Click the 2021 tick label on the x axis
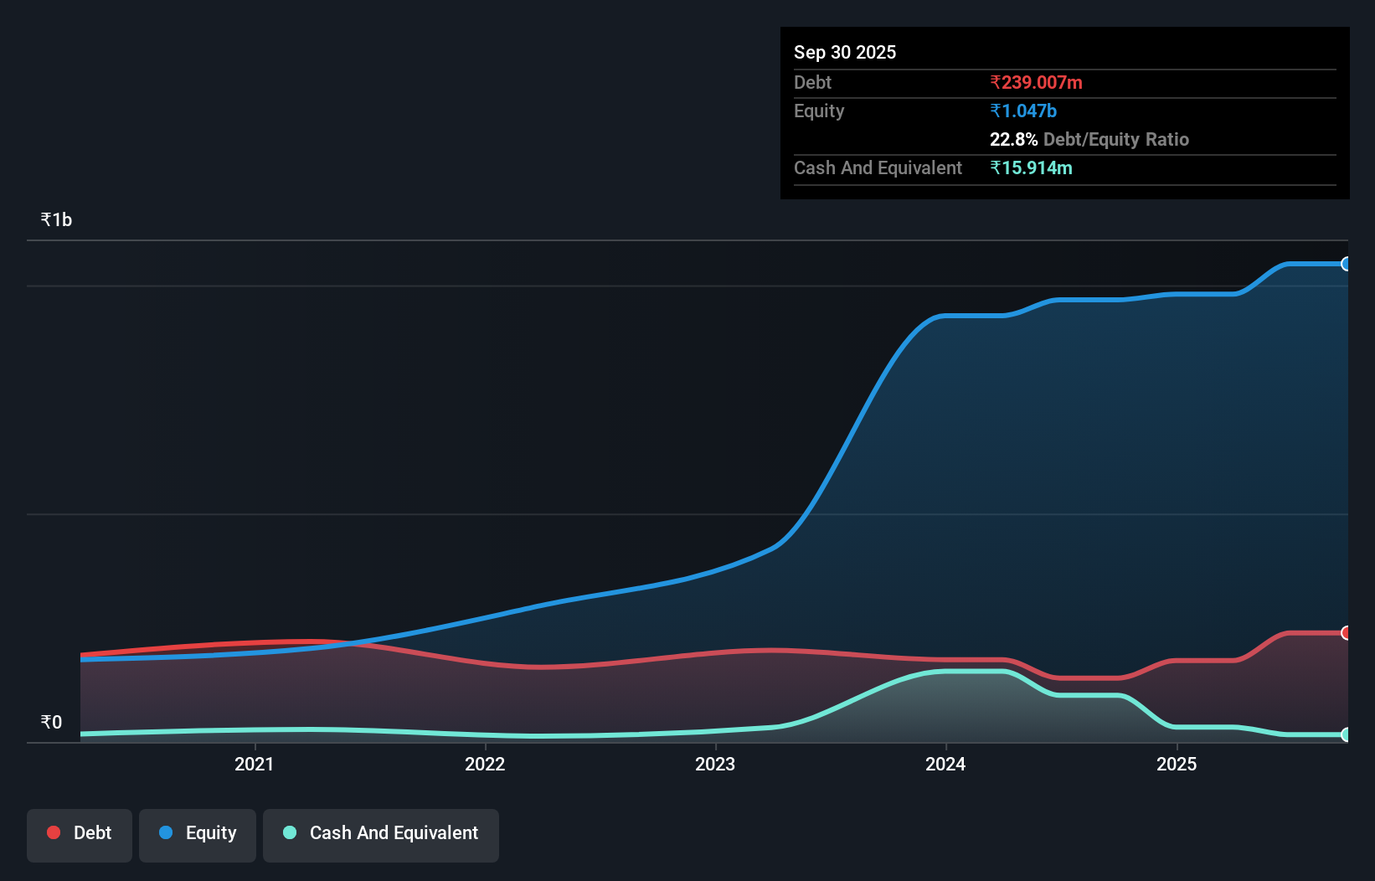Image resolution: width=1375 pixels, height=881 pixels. (254, 764)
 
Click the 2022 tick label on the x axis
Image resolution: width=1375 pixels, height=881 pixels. (485, 764)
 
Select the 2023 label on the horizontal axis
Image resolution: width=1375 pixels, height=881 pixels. (715, 764)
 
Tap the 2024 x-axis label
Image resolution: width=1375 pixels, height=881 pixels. (945, 764)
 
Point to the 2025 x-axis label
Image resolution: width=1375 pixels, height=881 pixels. (1177, 764)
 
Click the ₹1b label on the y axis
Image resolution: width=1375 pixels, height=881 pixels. (56, 220)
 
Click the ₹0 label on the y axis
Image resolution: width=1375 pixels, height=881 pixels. (51, 723)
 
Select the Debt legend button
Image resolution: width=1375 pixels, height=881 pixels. (80, 833)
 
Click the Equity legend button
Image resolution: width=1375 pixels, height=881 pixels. (198, 833)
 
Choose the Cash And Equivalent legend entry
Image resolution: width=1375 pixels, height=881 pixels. (381, 833)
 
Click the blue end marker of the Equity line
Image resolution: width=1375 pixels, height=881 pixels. (1346, 264)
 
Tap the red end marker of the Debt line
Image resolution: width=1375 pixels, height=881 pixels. (1346, 633)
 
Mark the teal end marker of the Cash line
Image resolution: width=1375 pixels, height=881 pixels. (1346, 734)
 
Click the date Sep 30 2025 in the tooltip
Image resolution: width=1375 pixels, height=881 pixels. (845, 53)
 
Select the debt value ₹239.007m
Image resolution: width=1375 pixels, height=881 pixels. (1036, 83)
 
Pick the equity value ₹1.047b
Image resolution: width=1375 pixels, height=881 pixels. (1023, 111)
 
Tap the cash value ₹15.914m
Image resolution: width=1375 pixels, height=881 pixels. (1031, 168)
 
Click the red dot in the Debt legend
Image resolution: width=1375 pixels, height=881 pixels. (54, 832)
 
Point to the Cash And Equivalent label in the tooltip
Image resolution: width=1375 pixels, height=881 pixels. (878, 168)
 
